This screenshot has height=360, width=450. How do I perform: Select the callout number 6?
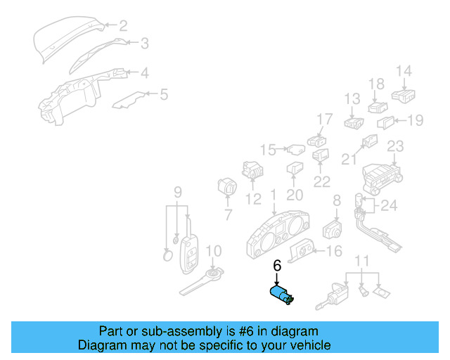pos(277,266)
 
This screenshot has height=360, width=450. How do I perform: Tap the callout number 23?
pos(395,146)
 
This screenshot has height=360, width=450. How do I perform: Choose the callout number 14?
pos(403,71)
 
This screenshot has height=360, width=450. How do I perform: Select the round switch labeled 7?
pos(227,189)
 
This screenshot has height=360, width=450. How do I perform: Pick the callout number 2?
pos(123,26)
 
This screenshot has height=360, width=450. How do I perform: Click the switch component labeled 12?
pos(252,171)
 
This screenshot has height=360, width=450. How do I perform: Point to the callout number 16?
pos(335,250)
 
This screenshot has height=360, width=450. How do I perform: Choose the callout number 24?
pos(389,206)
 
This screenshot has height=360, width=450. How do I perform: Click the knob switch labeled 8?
pos(331,229)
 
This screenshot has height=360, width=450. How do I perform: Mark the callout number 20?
pos(295,195)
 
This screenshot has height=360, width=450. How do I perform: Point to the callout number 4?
pos(143,72)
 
